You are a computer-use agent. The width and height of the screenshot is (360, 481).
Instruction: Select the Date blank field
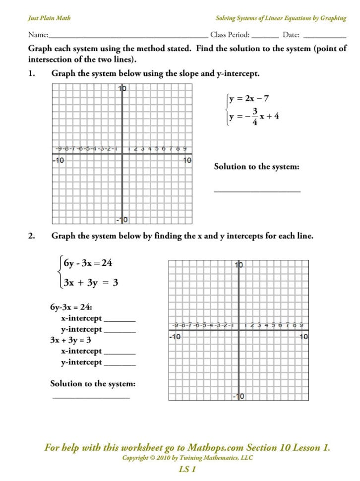tap(324, 37)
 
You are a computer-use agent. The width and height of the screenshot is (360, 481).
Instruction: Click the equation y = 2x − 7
tap(249, 99)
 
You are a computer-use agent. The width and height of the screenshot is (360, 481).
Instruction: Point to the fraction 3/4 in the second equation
tap(255, 116)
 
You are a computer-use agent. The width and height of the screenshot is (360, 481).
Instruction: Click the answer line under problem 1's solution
tap(257, 191)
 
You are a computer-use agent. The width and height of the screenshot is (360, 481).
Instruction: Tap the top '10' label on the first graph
tap(122, 89)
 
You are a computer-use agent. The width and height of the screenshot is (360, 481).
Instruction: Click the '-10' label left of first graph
tap(58, 160)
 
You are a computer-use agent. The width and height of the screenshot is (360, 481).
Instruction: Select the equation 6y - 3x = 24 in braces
tap(88, 263)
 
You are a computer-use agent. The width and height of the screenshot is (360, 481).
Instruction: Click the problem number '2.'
tap(31, 236)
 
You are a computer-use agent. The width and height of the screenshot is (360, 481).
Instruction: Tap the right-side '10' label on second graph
tap(303, 337)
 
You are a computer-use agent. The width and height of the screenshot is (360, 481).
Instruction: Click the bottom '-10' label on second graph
tap(239, 396)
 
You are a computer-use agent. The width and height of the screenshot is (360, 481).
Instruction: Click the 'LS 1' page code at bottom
tap(187, 469)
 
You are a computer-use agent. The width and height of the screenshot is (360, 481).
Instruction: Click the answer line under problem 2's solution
tap(91, 397)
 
